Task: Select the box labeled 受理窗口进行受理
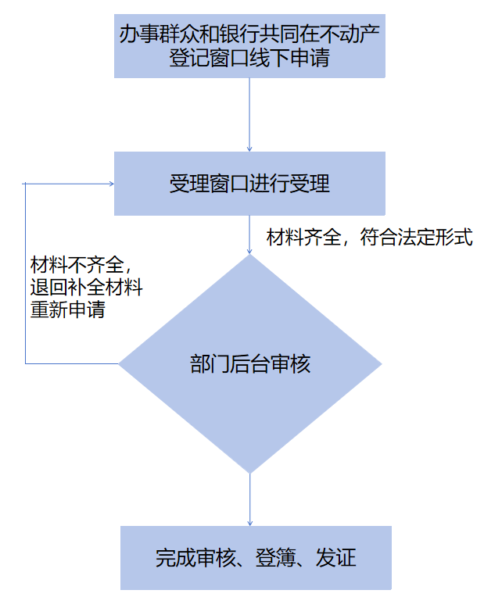click(x=249, y=184)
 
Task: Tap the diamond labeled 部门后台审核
click(x=249, y=363)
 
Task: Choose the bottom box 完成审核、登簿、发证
click(x=256, y=558)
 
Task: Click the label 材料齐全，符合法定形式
click(x=369, y=238)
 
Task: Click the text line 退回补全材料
click(x=86, y=287)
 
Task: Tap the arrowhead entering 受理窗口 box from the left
click(x=110, y=184)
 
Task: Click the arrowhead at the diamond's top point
click(x=249, y=249)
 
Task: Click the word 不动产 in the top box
click(x=353, y=35)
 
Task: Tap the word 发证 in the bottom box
click(x=336, y=558)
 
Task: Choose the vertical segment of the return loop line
click(x=26, y=274)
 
